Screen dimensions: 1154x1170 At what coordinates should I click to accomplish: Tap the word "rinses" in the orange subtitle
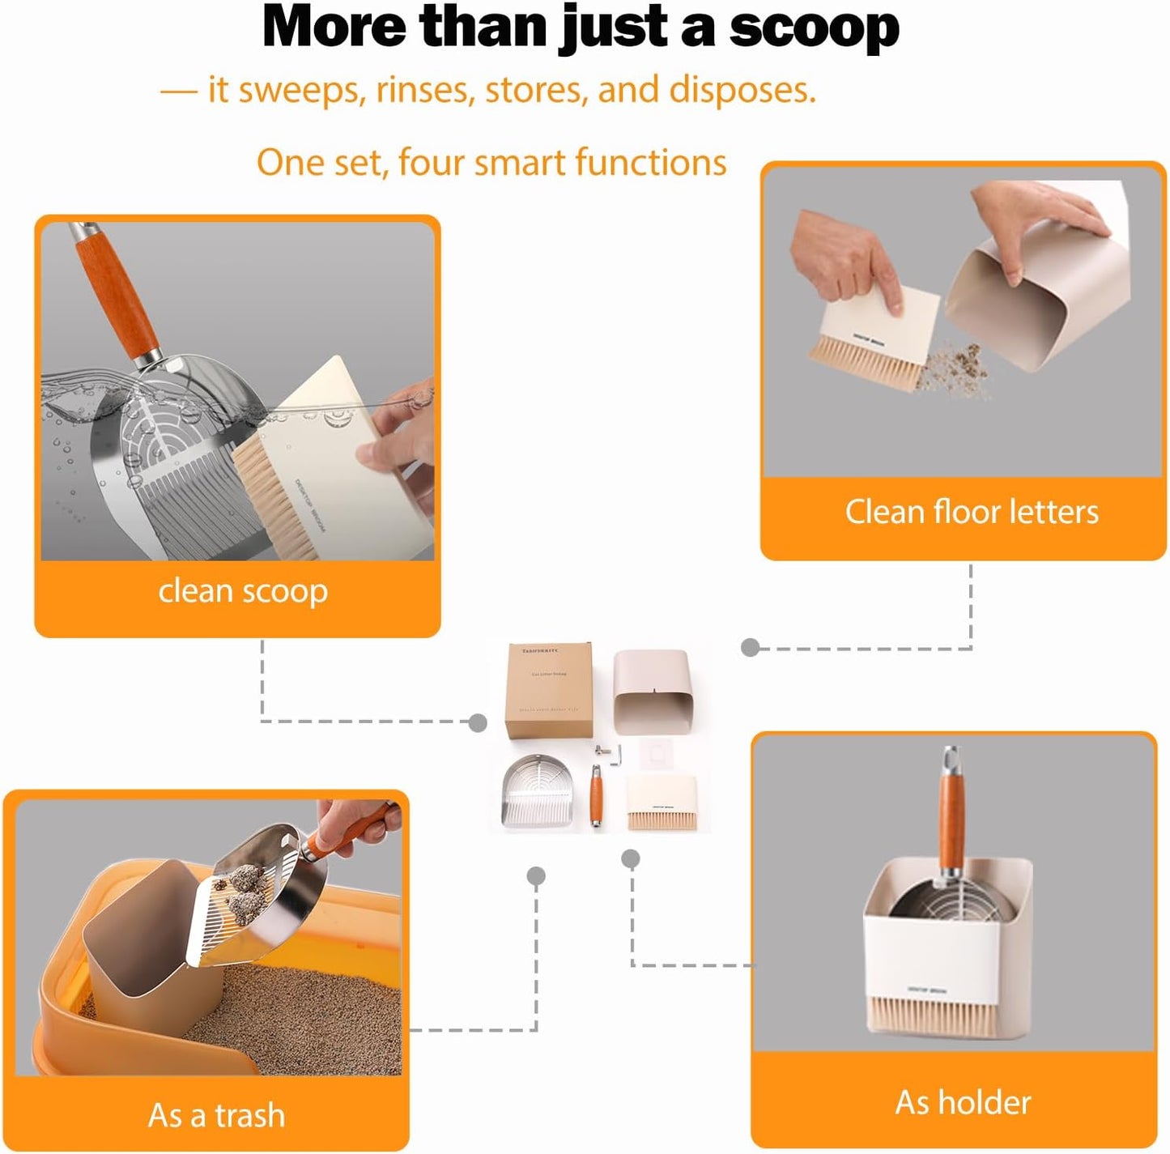(x=423, y=90)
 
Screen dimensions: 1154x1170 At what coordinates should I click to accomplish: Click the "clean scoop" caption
(x=243, y=591)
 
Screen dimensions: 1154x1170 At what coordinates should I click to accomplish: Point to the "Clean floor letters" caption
(x=972, y=512)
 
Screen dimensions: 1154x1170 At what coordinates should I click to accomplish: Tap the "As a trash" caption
(x=216, y=1115)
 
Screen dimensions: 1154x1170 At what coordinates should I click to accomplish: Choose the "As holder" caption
(x=963, y=1102)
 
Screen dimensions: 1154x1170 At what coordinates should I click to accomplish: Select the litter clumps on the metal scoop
(x=244, y=891)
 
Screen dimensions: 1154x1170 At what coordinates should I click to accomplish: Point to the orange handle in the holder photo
(x=951, y=818)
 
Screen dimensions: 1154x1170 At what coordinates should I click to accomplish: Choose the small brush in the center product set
(x=662, y=802)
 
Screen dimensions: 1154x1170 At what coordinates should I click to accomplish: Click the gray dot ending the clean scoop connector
(x=478, y=722)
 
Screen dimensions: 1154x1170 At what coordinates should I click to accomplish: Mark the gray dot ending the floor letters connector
(x=751, y=647)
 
